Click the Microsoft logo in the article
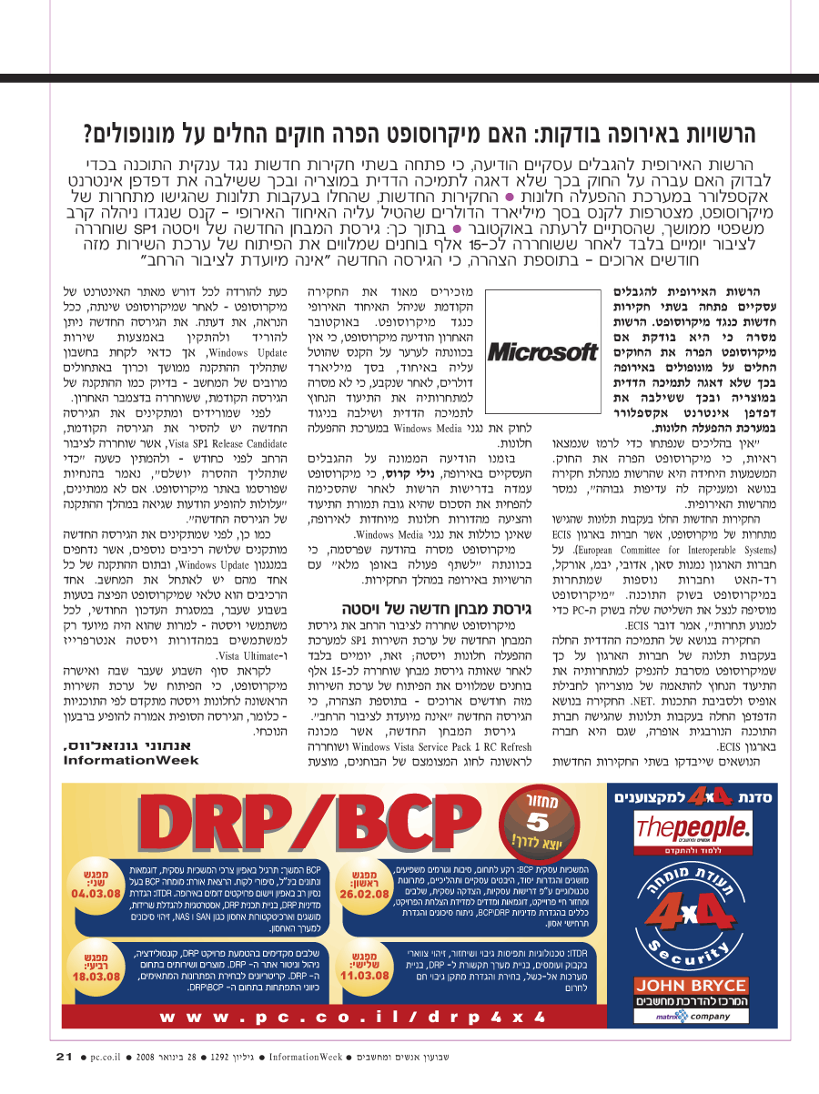click(544, 351)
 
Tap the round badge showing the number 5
click(536, 824)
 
